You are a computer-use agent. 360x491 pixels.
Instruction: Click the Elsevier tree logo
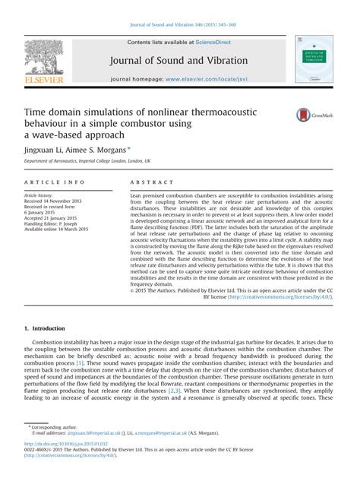click(45, 56)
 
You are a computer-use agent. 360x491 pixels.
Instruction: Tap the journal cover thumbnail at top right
click(314, 59)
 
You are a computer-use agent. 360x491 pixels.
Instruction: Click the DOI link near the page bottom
click(67, 444)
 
